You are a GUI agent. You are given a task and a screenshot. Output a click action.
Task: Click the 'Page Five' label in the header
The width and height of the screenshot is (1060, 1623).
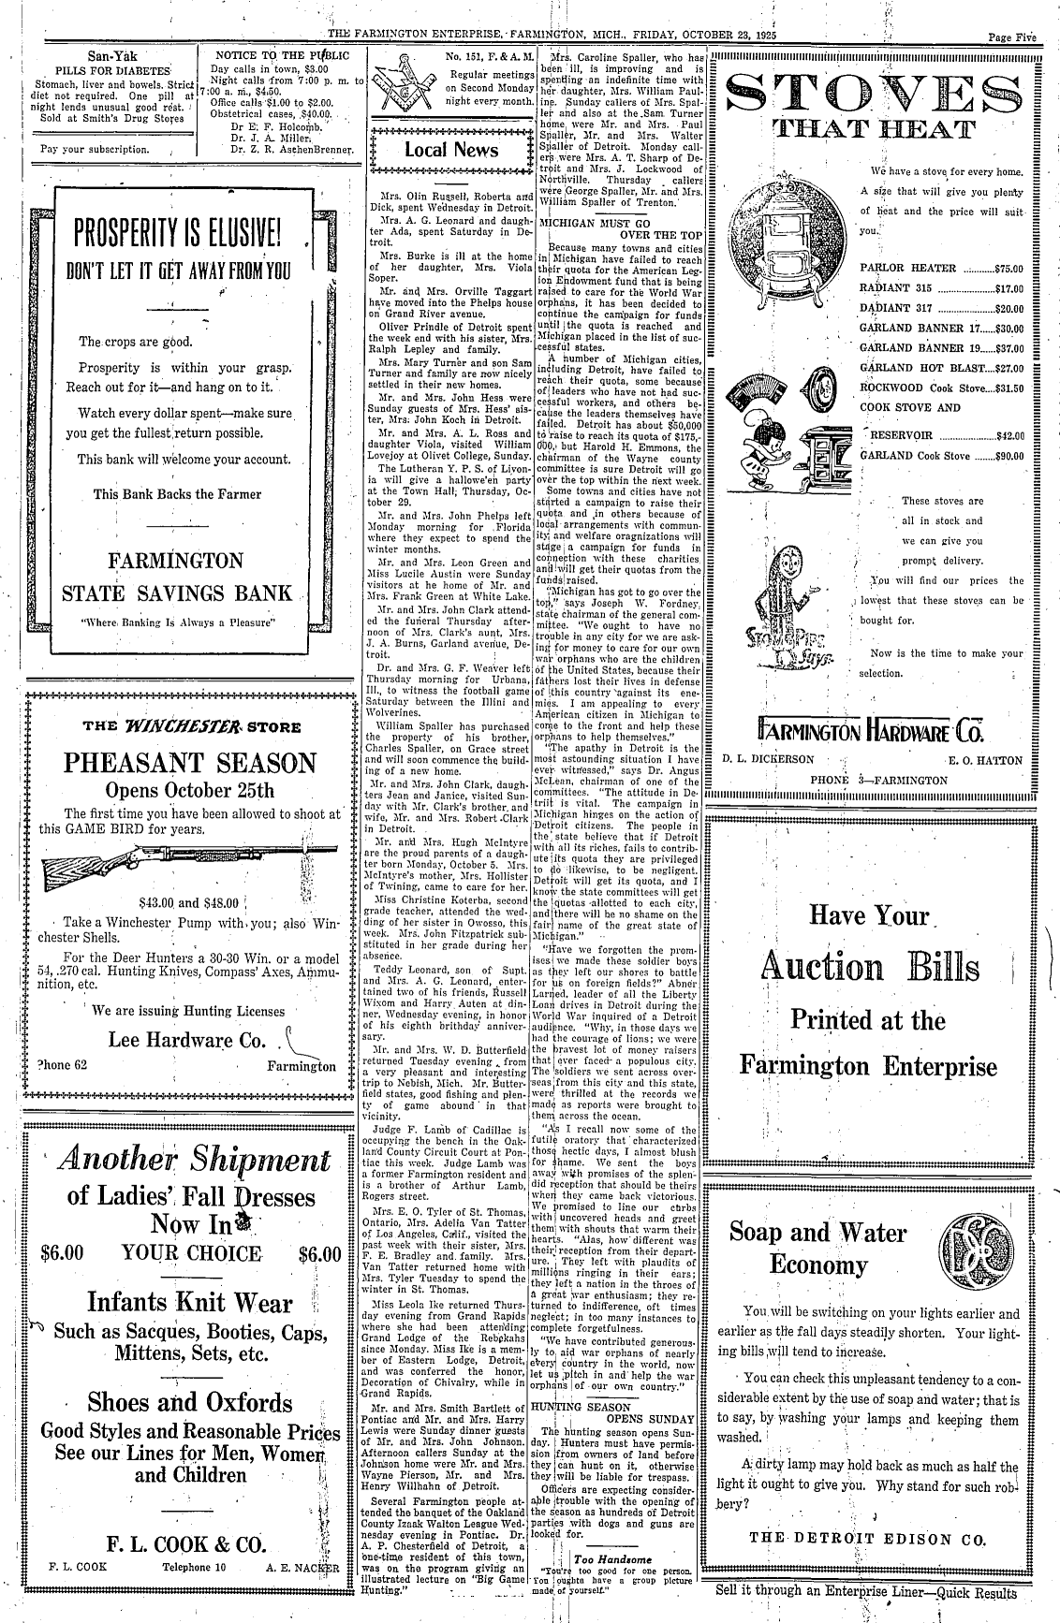[x=1012, y=12]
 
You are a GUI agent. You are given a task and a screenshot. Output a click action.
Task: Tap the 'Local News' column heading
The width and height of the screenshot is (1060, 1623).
[x=451, y=150]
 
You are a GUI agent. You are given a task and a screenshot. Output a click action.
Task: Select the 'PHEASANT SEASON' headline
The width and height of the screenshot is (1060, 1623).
[x=190, y=761]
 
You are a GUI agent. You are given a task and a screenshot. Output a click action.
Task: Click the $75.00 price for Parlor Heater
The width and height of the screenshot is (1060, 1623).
[x=1009, y=268]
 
